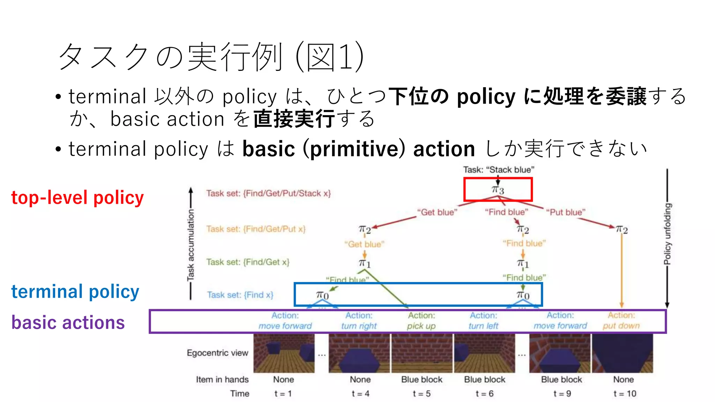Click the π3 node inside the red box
[498, 190]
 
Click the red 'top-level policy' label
[78, 198]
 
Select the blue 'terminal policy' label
[75, 291]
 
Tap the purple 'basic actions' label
[68, 322]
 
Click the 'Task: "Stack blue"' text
[499, 170]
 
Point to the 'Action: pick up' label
[421, 321]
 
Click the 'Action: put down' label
[621, 321]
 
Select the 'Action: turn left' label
[484, 321]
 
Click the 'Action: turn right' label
[359, 321]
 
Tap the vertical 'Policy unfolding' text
[667, 234]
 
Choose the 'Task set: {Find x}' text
[240, 295]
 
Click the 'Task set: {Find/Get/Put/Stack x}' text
[268, 193]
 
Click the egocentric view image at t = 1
[284, 353]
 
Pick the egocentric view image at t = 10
[622, 353]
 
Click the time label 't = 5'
[421, 394]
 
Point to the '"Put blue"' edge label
[566, 212]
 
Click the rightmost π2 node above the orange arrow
[621, 230]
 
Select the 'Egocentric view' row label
[217, 353]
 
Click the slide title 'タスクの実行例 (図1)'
[211, 57]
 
